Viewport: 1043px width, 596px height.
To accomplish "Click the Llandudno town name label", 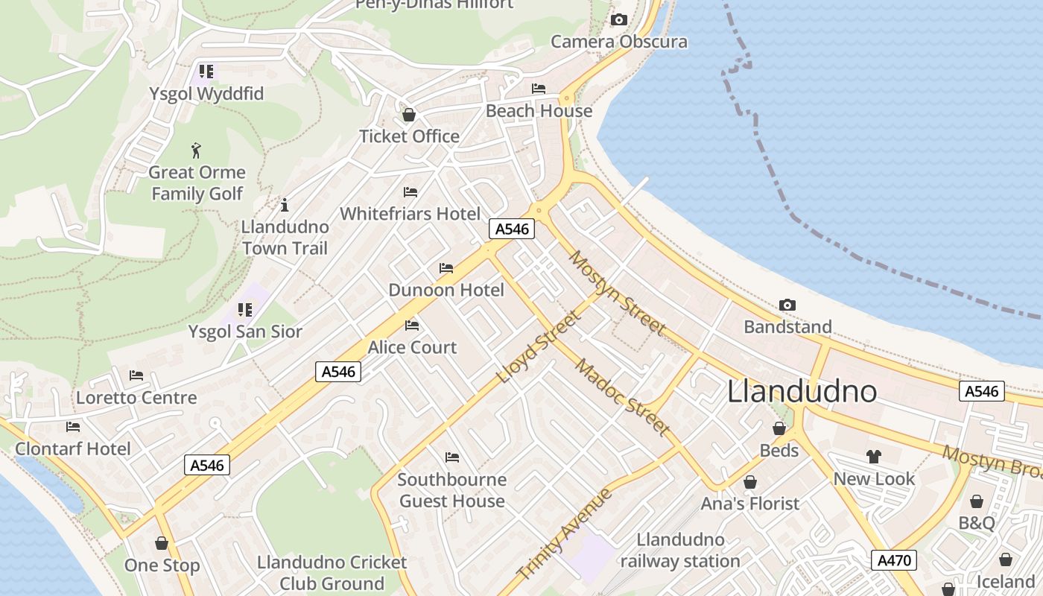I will pyautogui.click(x=802, y=391).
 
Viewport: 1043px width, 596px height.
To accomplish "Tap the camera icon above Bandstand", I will pyautogui.click(x=787, y=305).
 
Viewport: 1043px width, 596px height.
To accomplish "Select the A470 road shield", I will pyautogui.click(x=893, y=560).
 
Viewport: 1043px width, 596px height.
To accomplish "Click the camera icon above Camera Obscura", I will pyautogui.click(x=618, y=20).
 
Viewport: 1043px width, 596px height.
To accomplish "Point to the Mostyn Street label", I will pyautogui.click(x=617, y=292).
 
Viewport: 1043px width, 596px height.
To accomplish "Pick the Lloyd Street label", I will pyautogui.click(x=537, y=347).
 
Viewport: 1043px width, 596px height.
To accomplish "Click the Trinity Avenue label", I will pyautogui.click(x=564, y=534).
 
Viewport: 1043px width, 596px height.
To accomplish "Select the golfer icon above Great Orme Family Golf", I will pyautogui.click(x=196, y=150).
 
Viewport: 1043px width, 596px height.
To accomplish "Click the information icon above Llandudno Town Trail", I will pyautogui.click(x=284, y=205).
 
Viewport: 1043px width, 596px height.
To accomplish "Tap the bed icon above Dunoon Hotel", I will pyautogui.click(x=446, y=268).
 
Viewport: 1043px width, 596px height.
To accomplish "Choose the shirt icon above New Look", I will pyautogui.click(x=874, y=456).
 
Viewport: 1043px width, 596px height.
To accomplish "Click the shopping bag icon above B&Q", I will pyautogui.click(x=976, y=501).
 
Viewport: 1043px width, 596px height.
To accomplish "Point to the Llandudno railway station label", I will pyautogui.click(x=680, y=551).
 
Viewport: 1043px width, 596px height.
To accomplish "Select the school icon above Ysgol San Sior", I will pyautogui.click(x=245, y=309).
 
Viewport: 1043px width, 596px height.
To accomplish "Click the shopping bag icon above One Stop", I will pyautogui.click(x=162, y=543).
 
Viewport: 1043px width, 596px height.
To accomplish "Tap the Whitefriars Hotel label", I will pyautogui.click(x=410, y=214).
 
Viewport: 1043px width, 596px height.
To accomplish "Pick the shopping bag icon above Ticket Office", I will pyautogui.click(x=408, y=115).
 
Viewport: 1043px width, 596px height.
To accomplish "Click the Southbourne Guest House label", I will pyautogui.click(x=451, y=490).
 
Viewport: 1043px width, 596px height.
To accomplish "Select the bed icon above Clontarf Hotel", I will pyautogui.click(x=72, y=427).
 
